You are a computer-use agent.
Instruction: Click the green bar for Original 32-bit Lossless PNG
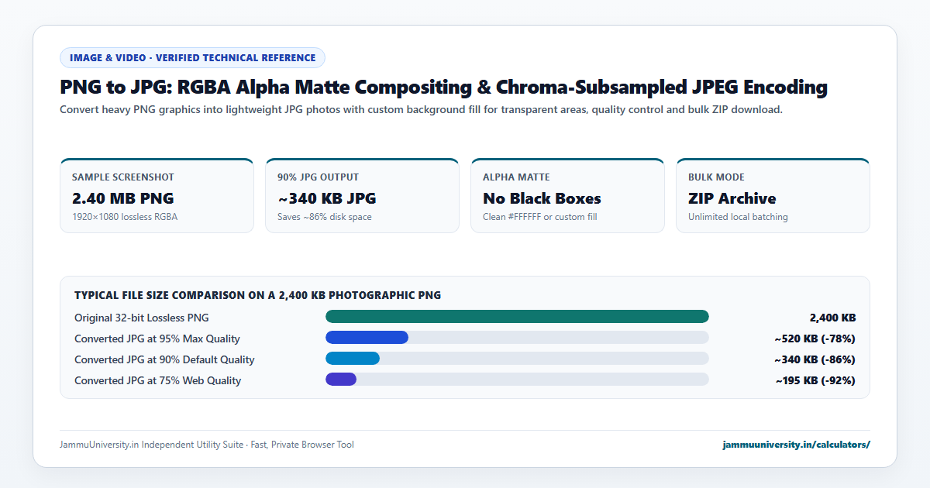517,317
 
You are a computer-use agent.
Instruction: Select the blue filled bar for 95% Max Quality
367,338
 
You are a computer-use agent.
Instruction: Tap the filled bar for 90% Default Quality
353,359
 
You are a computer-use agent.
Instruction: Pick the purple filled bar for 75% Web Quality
341,380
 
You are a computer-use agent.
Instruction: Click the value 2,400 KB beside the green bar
832,318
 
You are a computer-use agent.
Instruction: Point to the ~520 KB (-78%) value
815,339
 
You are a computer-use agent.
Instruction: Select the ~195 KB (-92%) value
815,380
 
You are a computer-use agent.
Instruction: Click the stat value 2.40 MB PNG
123,198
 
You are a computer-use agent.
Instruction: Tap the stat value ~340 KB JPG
327,198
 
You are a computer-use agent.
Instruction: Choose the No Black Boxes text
542,198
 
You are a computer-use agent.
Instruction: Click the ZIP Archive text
732,198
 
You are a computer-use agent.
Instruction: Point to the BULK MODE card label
716,177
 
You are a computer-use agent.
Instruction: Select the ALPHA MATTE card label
516,177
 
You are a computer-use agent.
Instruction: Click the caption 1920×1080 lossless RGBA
125,217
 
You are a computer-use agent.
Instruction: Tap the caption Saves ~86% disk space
325,217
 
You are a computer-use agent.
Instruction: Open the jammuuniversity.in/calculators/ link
797,445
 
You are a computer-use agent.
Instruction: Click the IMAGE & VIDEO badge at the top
193,57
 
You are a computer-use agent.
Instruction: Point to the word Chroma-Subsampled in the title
591,87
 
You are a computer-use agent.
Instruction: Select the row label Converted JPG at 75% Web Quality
158,380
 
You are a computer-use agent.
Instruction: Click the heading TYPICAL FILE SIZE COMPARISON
257,295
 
